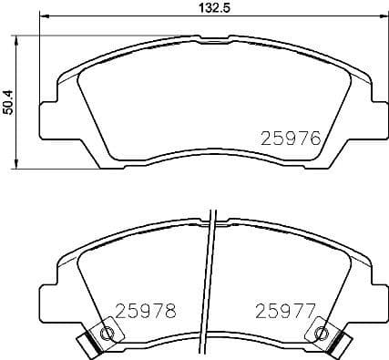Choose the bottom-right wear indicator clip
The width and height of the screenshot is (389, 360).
(x=341, y=345)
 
